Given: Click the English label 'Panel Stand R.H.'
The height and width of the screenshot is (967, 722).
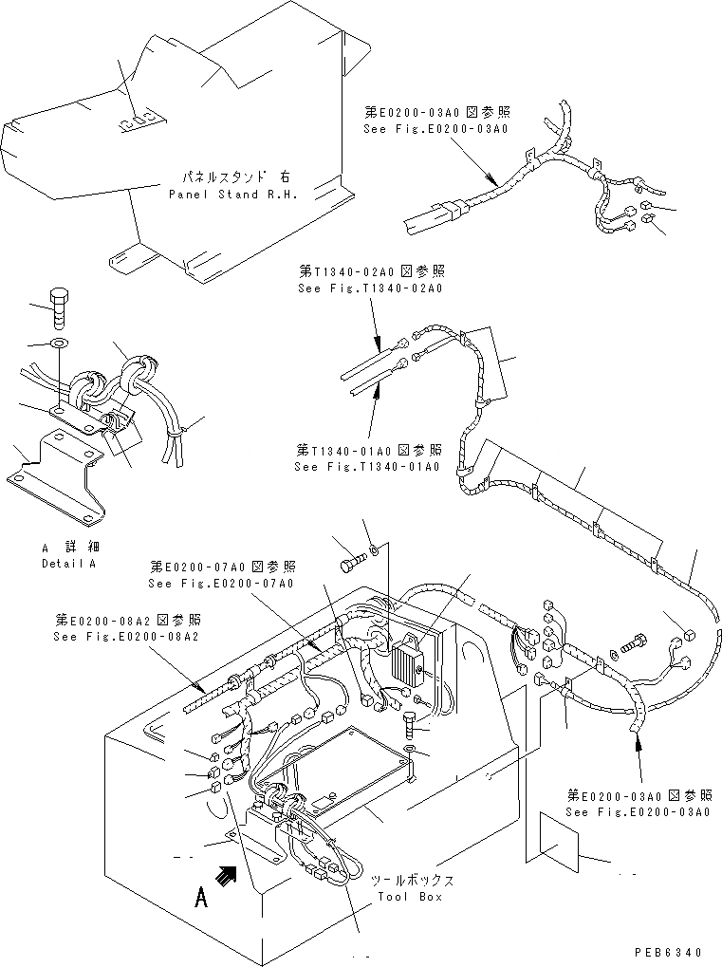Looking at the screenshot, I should (x=232, y=194).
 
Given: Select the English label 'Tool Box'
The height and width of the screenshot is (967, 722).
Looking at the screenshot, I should (x=409, y=897).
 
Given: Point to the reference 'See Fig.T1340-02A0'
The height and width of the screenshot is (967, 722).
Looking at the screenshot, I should (x=370, y=288).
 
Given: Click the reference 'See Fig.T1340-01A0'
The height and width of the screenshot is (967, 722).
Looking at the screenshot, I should (x=367, y=466).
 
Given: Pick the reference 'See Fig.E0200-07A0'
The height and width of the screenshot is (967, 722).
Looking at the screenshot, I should (x=220, y=583).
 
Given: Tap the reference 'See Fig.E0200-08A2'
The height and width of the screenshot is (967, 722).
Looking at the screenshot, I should (x=125, y=636).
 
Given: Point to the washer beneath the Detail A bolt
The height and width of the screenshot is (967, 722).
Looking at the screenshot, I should (x=56, y=341).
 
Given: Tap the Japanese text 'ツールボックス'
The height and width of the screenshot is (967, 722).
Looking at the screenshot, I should (x=412, y=881).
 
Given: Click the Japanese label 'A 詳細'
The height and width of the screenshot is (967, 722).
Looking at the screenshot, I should (x=73, y=549).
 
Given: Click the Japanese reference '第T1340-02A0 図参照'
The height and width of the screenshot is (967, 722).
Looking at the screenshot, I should (x=370, y=271).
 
